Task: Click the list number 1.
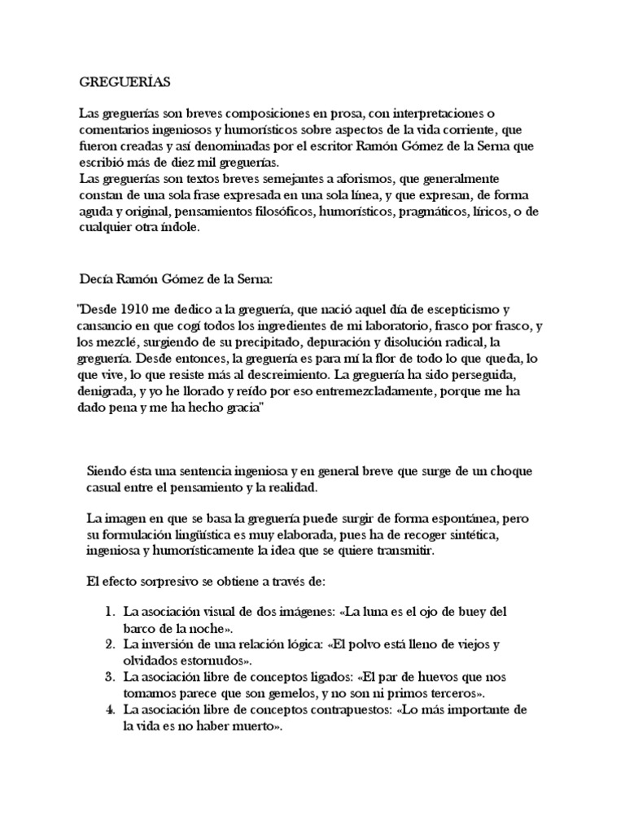point(110,611)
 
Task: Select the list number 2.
point(110,644)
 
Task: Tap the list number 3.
point(110,677)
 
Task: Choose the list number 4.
point(110,710)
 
